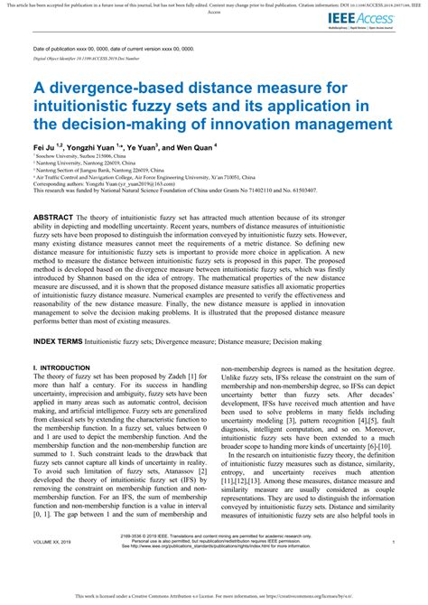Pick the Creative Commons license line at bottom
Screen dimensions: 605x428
(214, 598)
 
